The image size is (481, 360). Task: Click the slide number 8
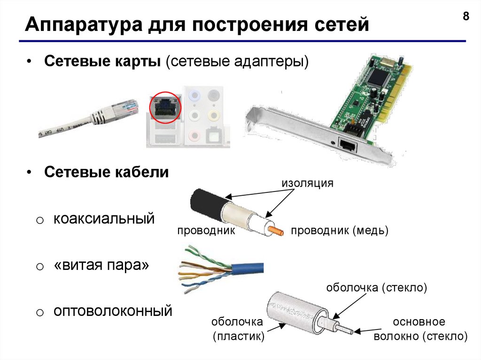[465, 16]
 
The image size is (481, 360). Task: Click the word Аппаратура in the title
[84, 24]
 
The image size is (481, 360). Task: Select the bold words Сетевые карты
[102, 61]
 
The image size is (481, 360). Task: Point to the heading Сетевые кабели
[107, 172]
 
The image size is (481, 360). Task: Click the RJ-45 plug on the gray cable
[122, 110]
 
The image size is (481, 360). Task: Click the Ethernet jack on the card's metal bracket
[348, 144]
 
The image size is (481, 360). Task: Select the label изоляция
[307, 183]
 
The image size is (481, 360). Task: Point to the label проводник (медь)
[340, 230]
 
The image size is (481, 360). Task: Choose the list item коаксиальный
[104, 219]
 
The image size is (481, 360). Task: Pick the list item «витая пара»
[101, 265]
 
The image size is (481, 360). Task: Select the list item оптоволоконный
[113, 311]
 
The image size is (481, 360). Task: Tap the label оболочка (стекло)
[376, 288]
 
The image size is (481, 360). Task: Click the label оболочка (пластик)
[238, 329]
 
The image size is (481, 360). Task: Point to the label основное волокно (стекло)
[420, 329]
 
